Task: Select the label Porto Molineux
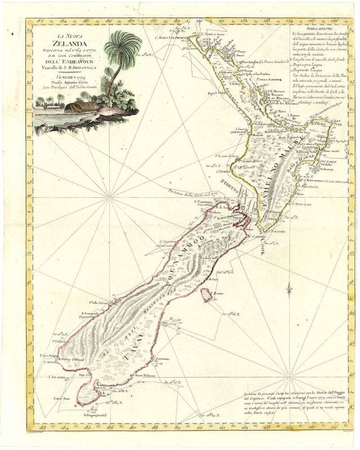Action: click(x=146, y=376)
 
